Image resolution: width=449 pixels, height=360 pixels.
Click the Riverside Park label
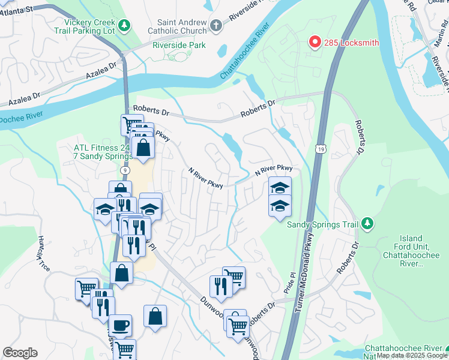[x=179, y=45]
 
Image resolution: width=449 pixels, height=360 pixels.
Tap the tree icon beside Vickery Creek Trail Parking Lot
[x=124, y=25]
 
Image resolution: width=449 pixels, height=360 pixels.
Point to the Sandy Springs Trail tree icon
[x=367, y=224]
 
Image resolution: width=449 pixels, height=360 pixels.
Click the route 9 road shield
[x=125, y=170]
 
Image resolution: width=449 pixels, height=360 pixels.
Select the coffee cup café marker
[x=120, y=325]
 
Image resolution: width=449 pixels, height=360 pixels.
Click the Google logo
[x=20, y=353]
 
